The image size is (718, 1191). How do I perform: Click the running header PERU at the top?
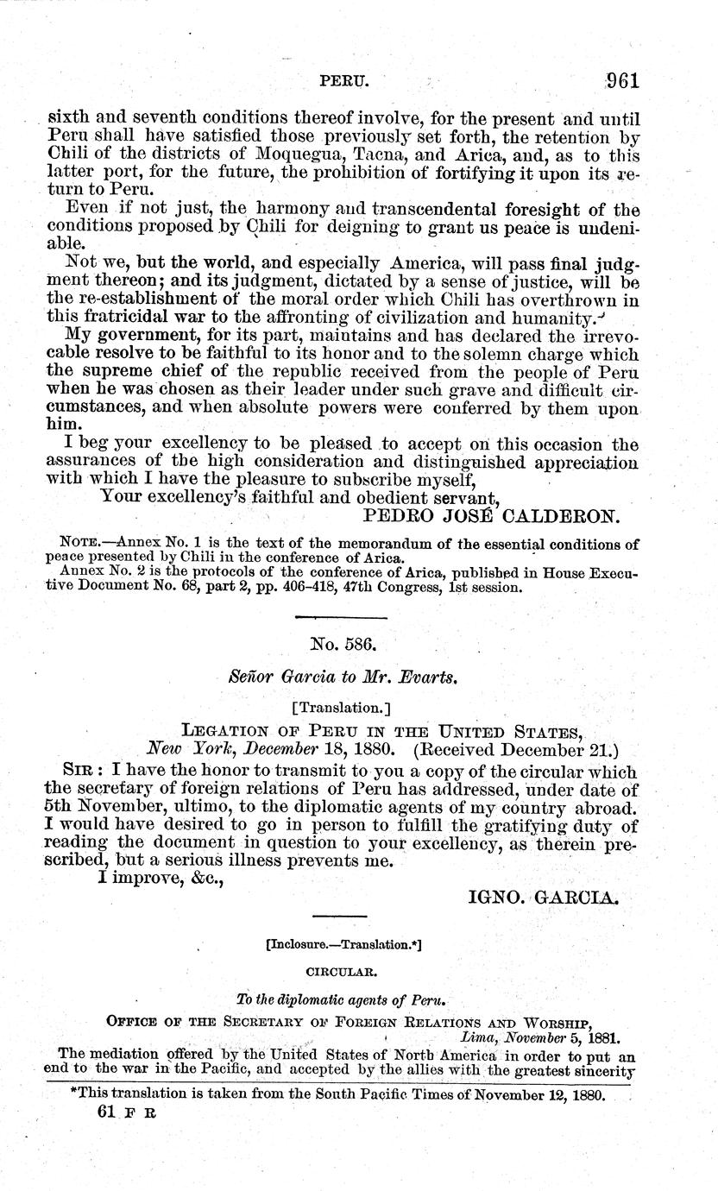[344, 82]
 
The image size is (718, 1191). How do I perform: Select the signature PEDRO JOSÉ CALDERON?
[488, 517]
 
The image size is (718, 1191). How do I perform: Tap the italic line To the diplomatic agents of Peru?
[341, 1000]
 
